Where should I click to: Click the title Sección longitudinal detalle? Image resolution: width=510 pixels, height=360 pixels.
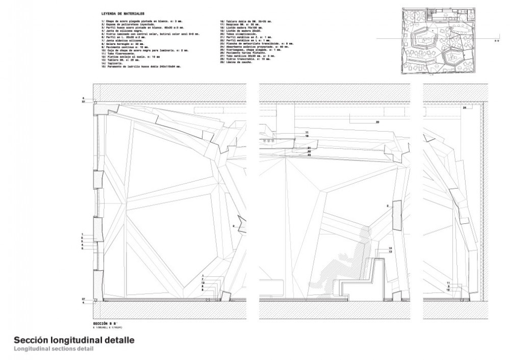(74, 340)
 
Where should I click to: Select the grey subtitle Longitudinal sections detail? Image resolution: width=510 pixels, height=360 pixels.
(54, 348)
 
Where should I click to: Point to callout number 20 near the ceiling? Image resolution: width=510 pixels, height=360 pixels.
(377, 122)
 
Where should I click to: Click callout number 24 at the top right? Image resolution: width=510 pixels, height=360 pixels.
(464, 109)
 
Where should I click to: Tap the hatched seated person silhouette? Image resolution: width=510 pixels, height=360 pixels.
(347, 265)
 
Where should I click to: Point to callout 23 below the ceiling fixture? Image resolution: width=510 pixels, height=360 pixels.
(310, 155)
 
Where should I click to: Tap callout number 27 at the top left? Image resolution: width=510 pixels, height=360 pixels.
(83, 102)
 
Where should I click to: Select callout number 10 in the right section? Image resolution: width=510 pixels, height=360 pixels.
(448, 290)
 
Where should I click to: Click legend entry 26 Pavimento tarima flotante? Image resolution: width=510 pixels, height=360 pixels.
(239, 53)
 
